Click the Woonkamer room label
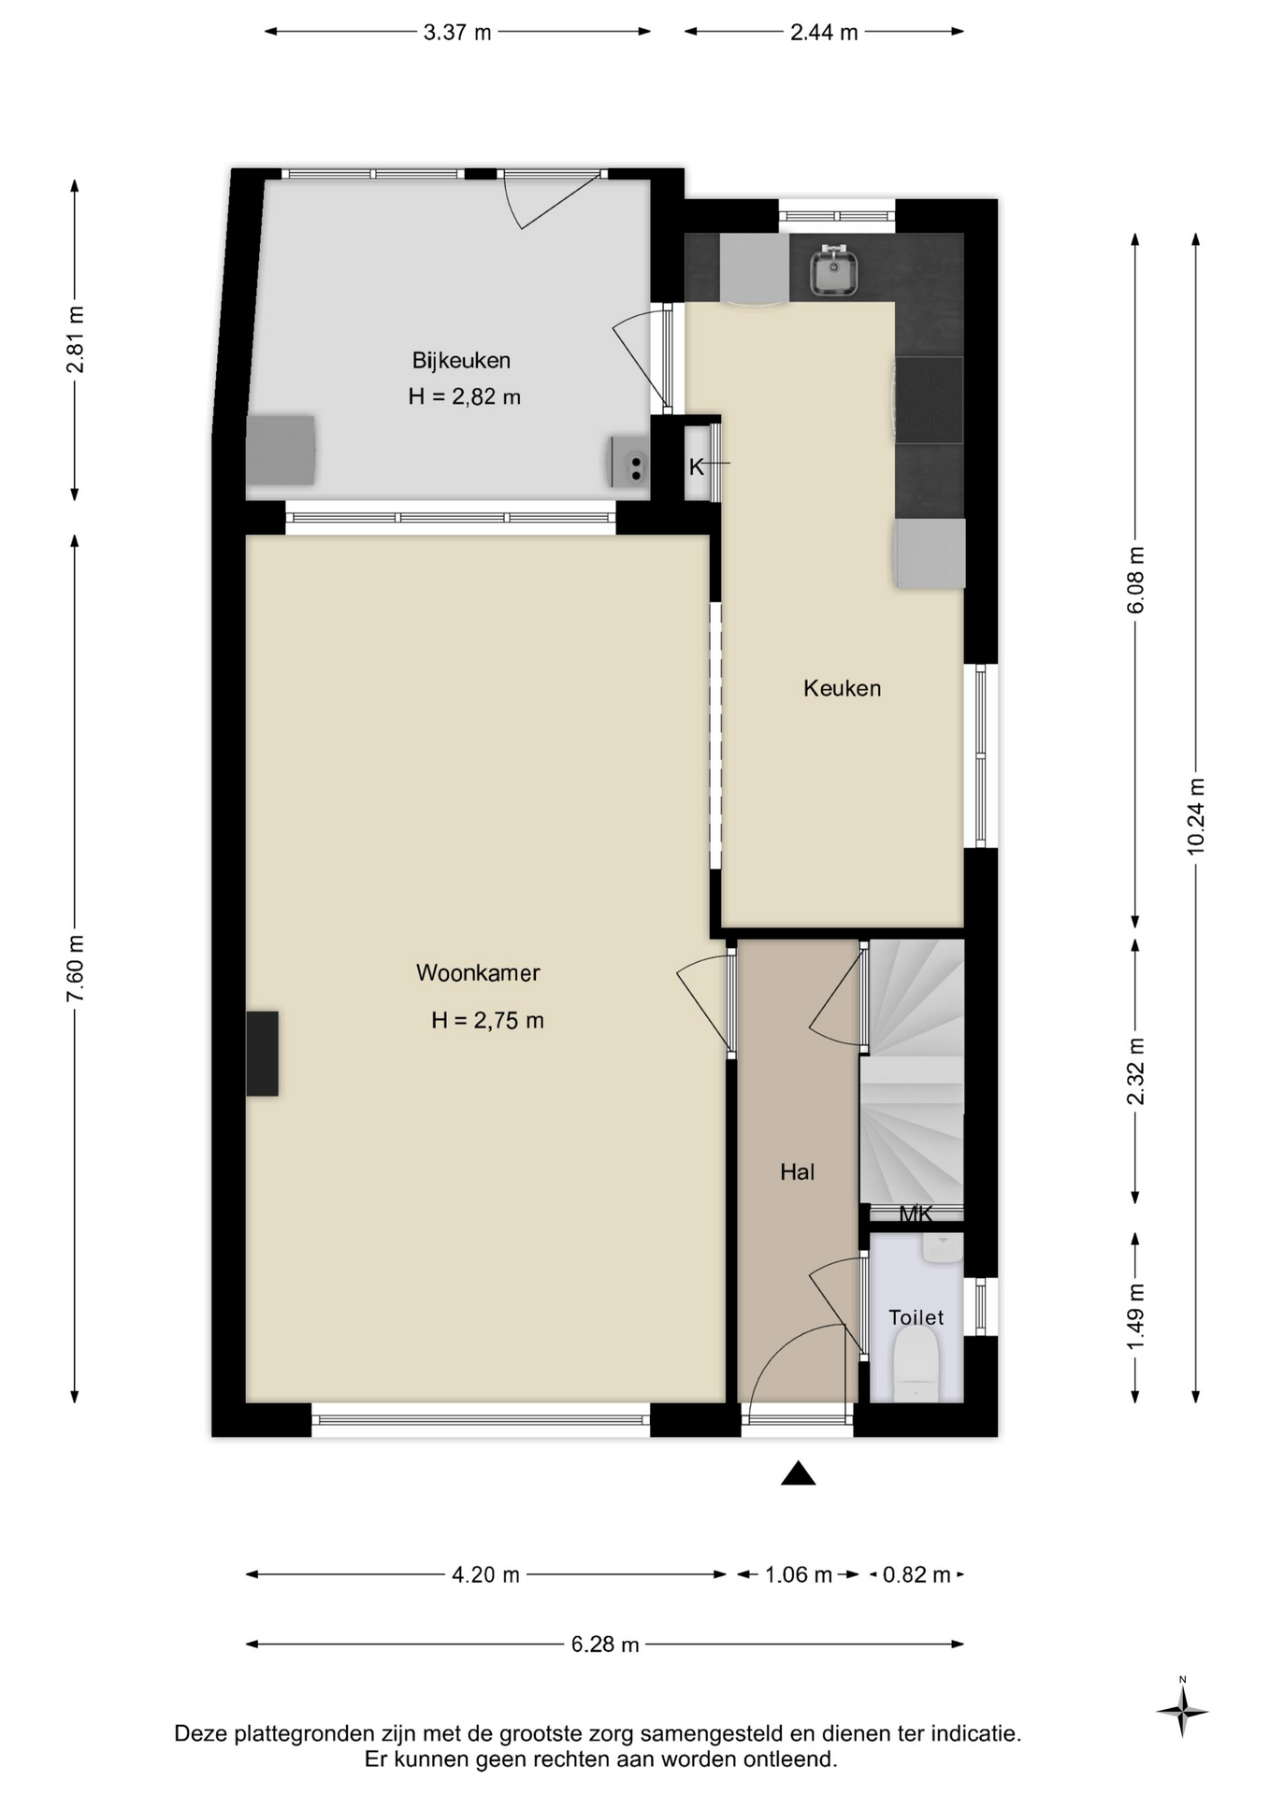pyautogui.click(x=478, y=973)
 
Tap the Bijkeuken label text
pyautogui.click(x=461, y=361)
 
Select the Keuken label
pyautogui.click(x=842, y=689)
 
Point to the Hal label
pyautogui.click(x=798, y=1172)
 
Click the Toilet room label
pyautogui.click(x=916, y=1318)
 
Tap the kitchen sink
pyautogui.click(x=833, y=272)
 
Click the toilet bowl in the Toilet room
pyautogui.click(x=916, y=1364)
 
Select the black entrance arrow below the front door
pyautogui.click(x=798, y=1473)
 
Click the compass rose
pyautogui.click(x=1182, y=1712)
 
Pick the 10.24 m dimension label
pyautogui.click(x=1196, y=816)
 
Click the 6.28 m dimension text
pyautogui.click(x=605, y=1644)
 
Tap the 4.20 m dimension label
pyautogui.click(x=485, y=1575)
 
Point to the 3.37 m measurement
pyautogui.click(x=457, y=33)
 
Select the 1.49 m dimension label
pyautogui.click(x=1135, y=1316)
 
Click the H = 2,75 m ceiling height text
pyautogui.click(x=487, y=1021)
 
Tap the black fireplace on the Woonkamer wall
pyautogui.click(x=262, y=1054)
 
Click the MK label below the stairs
pyautogui.click(x=916, y=1214)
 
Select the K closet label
pyautogui.click(x=697, y=467)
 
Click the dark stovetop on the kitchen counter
pyautogui.click(x=929, y=399)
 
